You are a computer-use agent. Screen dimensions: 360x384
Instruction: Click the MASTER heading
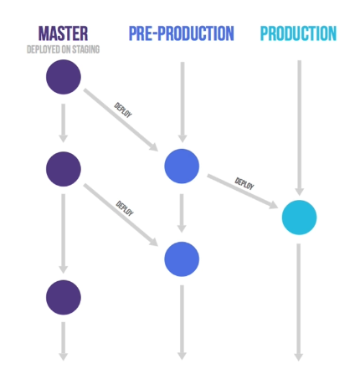(x=63, y=33)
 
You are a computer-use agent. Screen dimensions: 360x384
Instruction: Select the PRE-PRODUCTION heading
(x=182, y=33)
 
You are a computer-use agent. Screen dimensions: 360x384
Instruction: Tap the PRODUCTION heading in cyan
(x=298, y=33)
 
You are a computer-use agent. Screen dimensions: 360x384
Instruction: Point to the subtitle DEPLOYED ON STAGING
(x=63, y=49)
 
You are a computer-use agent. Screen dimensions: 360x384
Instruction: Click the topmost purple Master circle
(x=64, y=77)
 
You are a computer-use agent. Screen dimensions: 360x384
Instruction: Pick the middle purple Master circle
(x=64, y=169)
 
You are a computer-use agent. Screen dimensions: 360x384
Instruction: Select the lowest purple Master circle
(x=64, y=297)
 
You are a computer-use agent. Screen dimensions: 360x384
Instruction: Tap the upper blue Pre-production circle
(x=182, y=166)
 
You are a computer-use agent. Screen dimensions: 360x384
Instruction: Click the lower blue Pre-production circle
(x=182, y=259)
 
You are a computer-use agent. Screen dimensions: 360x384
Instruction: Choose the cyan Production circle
(x=299, y=218)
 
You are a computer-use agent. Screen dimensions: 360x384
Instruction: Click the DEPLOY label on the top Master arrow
(x=123, y=110)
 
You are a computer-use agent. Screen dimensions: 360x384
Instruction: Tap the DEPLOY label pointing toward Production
(x=244, y=183)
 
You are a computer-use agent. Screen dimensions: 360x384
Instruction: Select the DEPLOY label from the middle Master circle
(x=125, y=208)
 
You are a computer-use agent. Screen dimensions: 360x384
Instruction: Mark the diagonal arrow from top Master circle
(x=121, y=120)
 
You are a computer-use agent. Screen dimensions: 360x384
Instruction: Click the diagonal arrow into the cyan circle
(x=243, y=192)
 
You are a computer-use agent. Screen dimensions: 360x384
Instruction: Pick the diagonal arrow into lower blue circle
(x=121, y=215)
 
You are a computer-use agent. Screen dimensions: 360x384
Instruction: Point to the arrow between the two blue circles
(x=182, y=213)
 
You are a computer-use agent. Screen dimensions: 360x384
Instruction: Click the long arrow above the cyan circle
(x=299, y=128)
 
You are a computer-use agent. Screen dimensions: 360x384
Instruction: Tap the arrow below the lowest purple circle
(x=64, y=341)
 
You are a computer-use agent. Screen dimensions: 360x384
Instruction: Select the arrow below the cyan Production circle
(x=298, y=302)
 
